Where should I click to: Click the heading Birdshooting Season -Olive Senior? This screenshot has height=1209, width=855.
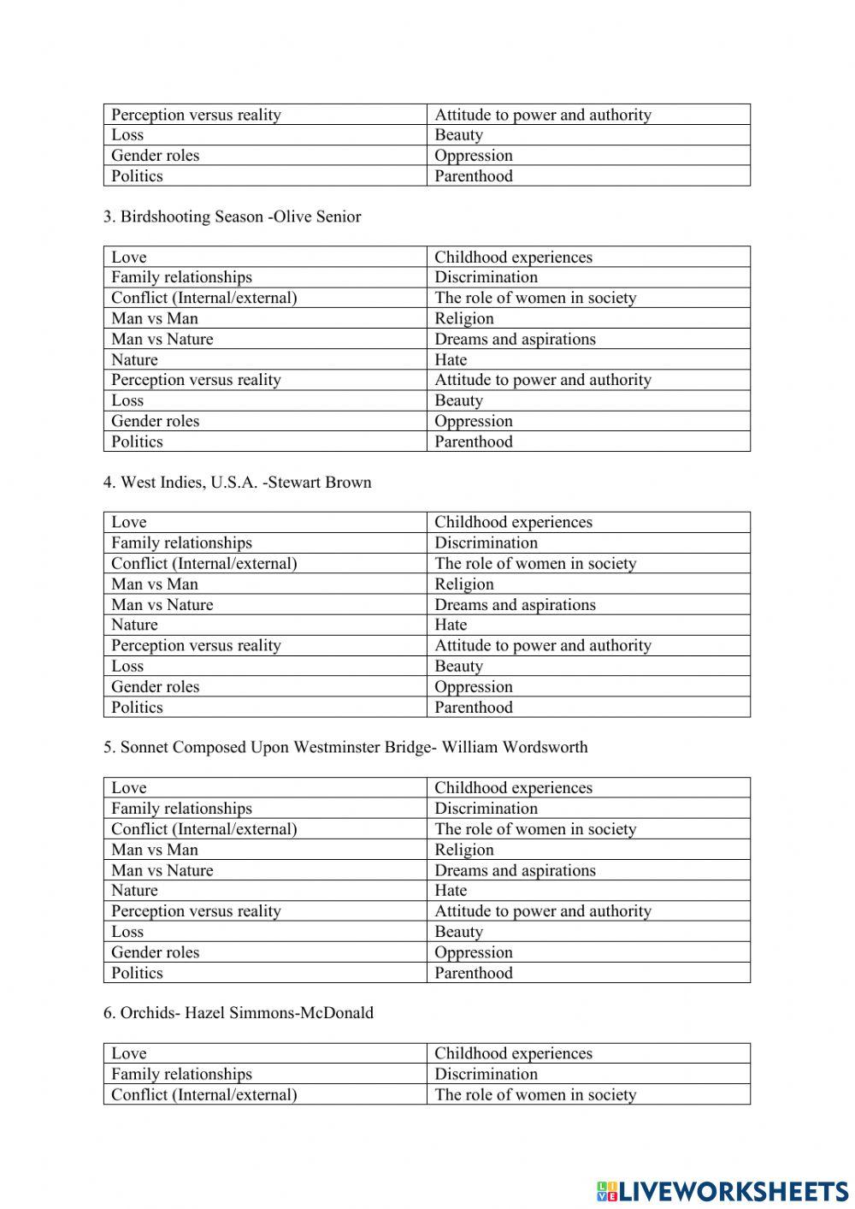pyautogui.click(x=232, y=216)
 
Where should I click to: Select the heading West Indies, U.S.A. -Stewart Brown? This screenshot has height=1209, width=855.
pyautogui.click(x=237, y=482)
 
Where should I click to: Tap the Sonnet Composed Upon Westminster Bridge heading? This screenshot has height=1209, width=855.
pyautogui.click(x=345, y=747)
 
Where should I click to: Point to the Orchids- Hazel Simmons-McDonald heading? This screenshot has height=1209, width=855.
pyautogui.click(x=239, y=1012)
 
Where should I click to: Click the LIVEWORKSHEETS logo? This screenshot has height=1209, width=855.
pyautogui.click(x=722, y=1190)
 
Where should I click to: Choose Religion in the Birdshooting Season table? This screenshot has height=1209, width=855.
pyautogui.click(x=464, y=318)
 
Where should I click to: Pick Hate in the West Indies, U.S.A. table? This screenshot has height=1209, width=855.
pyautogui.click(x=451, y=625)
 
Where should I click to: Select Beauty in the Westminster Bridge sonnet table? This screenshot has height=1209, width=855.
pyautogui.click(x=458, y=932)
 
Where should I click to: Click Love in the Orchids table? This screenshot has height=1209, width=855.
pyautogui.click(x=129, y=1053)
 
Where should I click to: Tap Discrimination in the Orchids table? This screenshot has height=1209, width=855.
pyautogui.click(x=486, y=1074)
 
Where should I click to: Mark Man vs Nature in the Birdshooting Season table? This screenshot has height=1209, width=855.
pyautogui.click(x=162, y=339)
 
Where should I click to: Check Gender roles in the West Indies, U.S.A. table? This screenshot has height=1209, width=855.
pyautogui.click(x=155, y=686)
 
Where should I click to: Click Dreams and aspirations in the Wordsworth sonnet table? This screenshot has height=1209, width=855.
pyautogui.click(x=515, y=870)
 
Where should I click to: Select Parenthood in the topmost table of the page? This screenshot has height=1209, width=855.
pyautogui.click(x=474, y=175)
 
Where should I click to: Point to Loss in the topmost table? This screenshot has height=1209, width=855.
pyautogui.click(x=127, y=134)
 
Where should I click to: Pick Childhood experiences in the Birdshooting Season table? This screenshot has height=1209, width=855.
pyautogui.click(x=513, y=257)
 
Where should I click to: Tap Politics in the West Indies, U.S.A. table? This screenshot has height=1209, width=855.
pyautogui.click(x=137, y=707)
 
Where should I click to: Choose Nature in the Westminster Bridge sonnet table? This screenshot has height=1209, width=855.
pyautogui.click(x=134, y=890)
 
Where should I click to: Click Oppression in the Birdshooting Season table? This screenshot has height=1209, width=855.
pyautogui.click(x=474, y=421)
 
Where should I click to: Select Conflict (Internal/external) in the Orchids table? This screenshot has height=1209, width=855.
pyautogui.click(x=204, y=1094)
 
